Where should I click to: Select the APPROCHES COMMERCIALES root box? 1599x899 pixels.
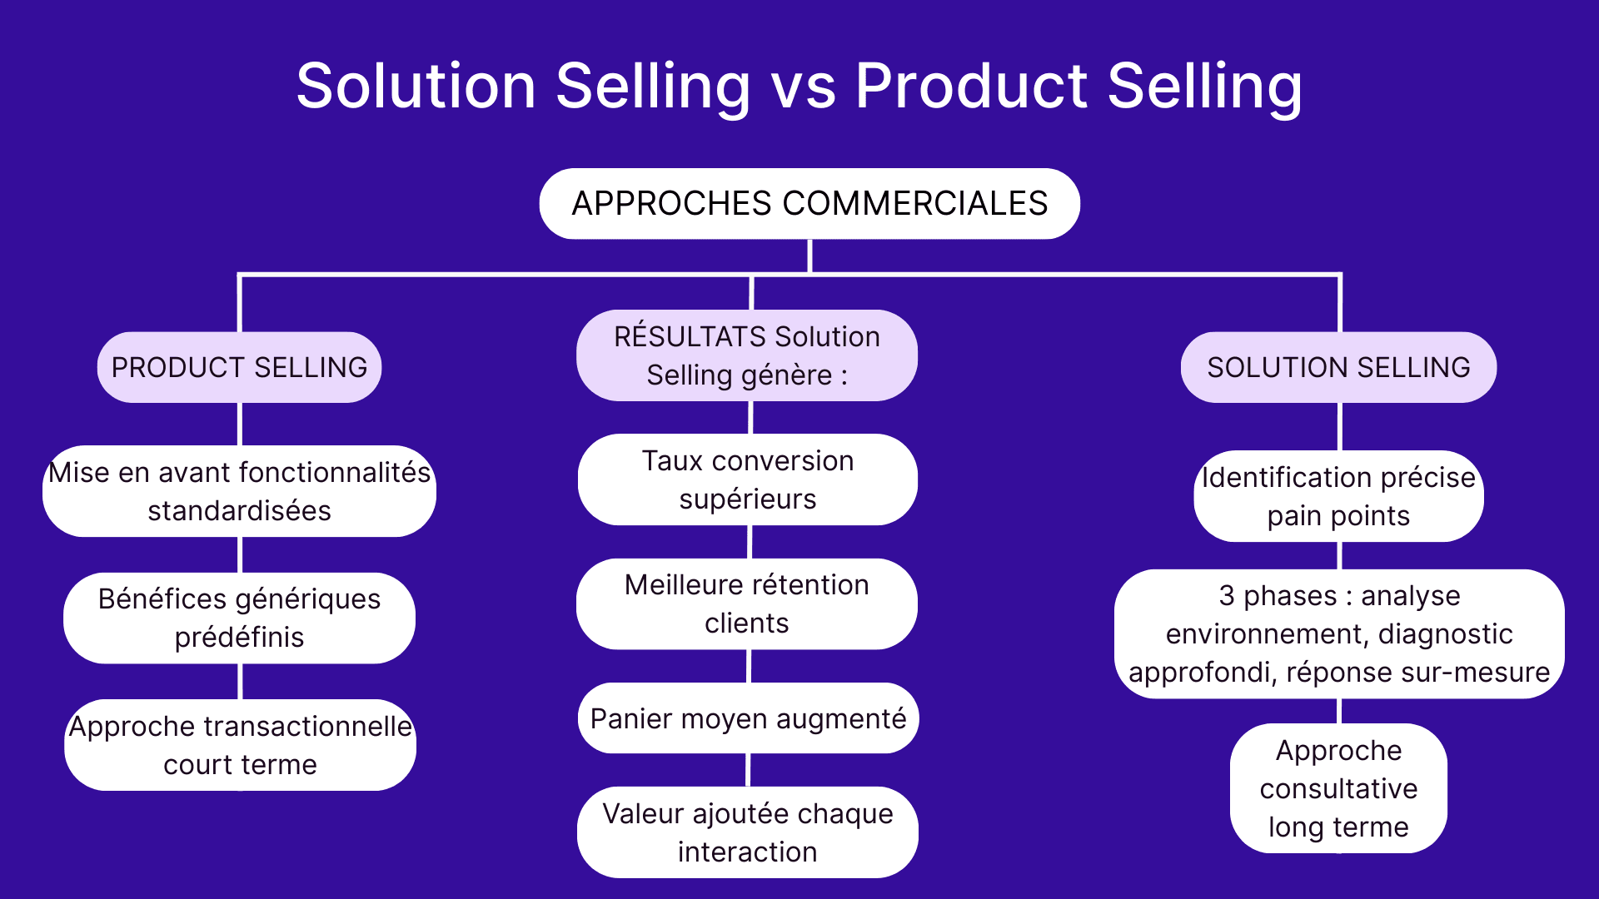point(809,204)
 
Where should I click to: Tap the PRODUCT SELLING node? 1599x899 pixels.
point(240,367)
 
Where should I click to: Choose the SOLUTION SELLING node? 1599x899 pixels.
point(1338,367)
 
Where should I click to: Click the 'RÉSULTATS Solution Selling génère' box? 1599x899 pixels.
point(747,355)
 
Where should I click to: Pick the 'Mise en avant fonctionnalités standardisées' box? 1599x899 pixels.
point(240,491)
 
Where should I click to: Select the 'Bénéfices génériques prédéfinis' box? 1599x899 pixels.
point(240,618)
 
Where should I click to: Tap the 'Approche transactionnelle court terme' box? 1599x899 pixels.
point(240,745)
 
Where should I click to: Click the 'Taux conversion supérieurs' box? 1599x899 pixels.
point(748,479)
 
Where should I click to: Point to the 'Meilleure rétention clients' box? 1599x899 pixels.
point(747,603)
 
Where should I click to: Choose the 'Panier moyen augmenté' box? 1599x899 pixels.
point(748,718)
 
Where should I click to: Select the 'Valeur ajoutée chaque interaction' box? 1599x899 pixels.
point(748,832)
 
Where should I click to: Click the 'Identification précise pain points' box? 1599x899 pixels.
point(1338,496)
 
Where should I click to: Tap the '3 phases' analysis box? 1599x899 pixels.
point(1339,633)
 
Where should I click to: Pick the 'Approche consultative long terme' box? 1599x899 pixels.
point(1338,788)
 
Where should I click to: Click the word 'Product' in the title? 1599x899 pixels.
point(971,87)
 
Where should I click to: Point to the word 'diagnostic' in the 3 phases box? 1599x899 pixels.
point(1445,634)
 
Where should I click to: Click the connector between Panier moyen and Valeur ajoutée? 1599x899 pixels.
point(748,770)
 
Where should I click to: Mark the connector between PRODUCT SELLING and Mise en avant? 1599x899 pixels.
point(240,425)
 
